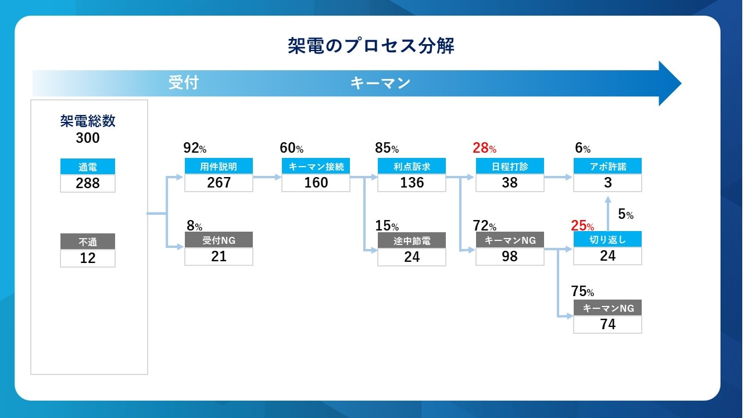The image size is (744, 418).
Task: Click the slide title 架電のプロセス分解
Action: click(371, 45)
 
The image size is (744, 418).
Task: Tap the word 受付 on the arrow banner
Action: click(183, 82)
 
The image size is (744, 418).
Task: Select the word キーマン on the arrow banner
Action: click(380, 83)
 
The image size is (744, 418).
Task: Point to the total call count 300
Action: click(88, 138)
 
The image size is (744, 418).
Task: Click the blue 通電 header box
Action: click(88, 167)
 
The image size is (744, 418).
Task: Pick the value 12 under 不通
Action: click(88, 258)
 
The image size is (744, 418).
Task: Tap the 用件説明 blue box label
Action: click(219, 166)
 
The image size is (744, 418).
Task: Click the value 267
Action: click(219, 182)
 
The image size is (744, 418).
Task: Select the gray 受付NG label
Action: click(219, 240)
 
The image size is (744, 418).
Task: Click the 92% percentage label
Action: click(195, 148)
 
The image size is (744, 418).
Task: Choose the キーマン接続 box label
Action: click(316, 166)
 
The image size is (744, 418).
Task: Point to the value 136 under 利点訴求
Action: click(412, 182)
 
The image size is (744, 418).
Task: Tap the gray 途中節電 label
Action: click(412, 240)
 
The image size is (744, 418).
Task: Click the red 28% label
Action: click(484, 148)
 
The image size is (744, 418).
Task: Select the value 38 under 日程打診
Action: click(510, 182)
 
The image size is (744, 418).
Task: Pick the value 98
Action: click(510, 256)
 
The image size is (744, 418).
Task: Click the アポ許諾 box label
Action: click(608, 166)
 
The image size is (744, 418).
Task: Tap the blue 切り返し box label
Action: click(608, 240)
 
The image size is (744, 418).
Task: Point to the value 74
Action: click(608, 324)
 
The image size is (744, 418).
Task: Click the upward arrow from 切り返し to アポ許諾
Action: click(608, 213)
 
